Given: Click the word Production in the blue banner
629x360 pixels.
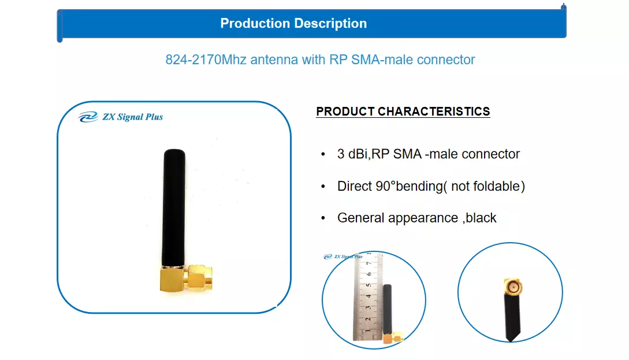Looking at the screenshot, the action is click(255, 23).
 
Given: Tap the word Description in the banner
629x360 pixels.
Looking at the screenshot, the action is click(330, 24).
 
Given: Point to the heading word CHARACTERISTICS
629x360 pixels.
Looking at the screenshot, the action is click(434, 112).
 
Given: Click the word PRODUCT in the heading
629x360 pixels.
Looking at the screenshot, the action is click(345, 112).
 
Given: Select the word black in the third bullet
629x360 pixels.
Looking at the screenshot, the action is click(481, 218).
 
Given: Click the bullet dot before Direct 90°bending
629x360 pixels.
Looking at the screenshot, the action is click(323, 187).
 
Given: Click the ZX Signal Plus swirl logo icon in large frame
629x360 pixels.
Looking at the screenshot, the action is click(88, 117).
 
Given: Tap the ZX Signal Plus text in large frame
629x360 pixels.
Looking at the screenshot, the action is click(133, 117).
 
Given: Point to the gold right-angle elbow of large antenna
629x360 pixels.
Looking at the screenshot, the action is click(173, 279).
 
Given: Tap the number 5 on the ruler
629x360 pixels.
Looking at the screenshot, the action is click(369, 285).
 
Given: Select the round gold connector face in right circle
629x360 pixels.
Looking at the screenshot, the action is click(513, 287).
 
